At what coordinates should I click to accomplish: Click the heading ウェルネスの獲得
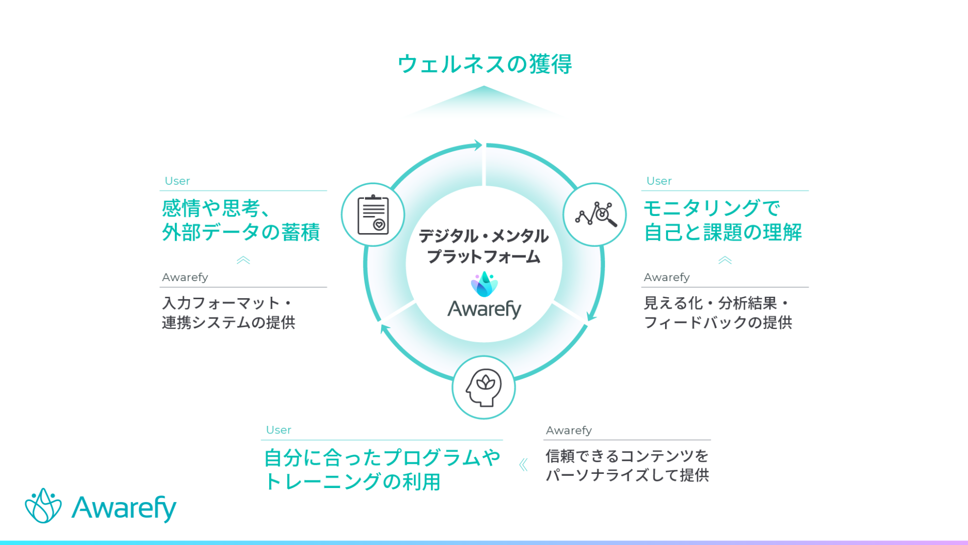tap(485, 65)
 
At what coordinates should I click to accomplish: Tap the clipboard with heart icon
tap(373, 215)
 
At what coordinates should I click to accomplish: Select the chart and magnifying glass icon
tap(595, 215)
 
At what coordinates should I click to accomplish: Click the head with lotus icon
tap(483, 388)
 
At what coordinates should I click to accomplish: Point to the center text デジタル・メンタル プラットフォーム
tap(483, 246)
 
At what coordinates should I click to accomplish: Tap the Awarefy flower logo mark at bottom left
tap(43, 506)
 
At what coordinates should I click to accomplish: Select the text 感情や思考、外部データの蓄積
tap(241, 220)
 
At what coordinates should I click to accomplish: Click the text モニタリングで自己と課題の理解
tap(722, 220)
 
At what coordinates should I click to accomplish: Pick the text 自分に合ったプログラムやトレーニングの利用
tap(382, 469)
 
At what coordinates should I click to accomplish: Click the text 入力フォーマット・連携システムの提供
tap(228, 312)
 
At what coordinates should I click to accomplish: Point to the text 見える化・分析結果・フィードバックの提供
tap(718, 312)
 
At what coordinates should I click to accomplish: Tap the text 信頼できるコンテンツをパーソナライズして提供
tap(627, 465)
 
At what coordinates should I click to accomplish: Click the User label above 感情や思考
tap(177, 181)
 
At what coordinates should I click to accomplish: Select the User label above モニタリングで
tap(659, 181)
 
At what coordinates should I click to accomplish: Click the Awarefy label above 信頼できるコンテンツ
tap(569, 430)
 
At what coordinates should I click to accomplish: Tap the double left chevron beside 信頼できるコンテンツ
tap(523, 465)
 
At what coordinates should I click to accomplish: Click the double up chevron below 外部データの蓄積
tap(244, 260)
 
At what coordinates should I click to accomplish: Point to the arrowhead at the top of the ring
tap(477, 145)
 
